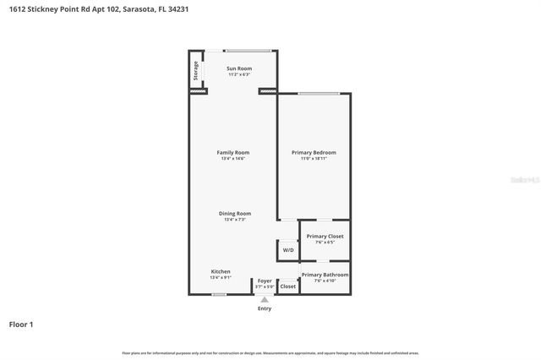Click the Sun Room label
(239, 68)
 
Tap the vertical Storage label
(196, 70)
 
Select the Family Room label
(233, 153)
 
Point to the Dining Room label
(237, 214)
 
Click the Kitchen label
(220, 272)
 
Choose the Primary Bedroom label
(314, 153)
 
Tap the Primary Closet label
(325, 237)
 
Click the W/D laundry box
(288, 250)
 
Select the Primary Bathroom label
(325, 275)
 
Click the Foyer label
(265, 281)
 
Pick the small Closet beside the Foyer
(288, 286)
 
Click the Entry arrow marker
(265, 299)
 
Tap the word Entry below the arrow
(265, 308)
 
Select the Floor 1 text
(20, 324)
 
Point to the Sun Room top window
(248, 50)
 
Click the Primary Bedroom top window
(314, 93)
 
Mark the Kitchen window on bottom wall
(219, 294)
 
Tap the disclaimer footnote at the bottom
(270, 352)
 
